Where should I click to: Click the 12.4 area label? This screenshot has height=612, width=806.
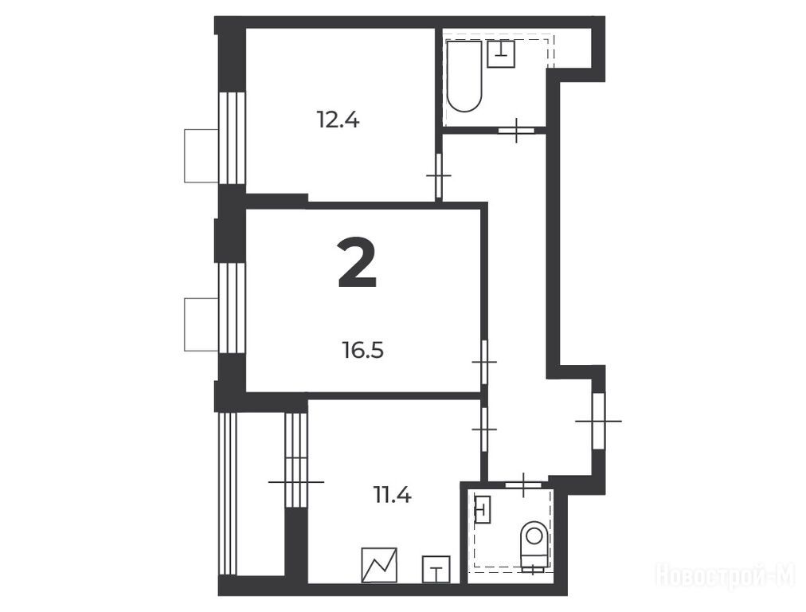[x=338, y=120]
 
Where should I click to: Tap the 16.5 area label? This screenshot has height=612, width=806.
[x=363, y=351]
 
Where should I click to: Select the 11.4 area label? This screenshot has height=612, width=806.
[x=393, y=496]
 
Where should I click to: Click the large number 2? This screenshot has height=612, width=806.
[x=358, y=263]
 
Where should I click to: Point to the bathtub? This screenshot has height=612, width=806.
[x=464, y=76]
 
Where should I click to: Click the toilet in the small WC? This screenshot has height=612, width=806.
[x=534, y=546]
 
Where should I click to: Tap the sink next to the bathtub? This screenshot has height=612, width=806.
[x=501, y=53]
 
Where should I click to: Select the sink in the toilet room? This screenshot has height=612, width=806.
[x=482, y=509]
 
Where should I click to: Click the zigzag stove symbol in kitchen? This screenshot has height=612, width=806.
[x=379, y=565]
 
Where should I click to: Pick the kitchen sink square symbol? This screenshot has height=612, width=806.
[x=436, y=569]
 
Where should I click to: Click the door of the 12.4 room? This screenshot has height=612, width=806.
[x=439, y=176]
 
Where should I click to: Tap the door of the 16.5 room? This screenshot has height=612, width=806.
[x=484, y=362]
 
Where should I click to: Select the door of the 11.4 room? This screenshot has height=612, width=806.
[x=484, y=429]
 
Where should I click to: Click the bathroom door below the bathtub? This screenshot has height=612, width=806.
[x=516, y=130]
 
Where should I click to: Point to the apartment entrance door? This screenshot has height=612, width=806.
[x=598, y=422]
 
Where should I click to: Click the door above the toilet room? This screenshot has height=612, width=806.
[x=523, y=484]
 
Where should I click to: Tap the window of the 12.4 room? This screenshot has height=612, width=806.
[x=232, y=137]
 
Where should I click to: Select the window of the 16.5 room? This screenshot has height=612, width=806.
[x=232, y=308]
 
